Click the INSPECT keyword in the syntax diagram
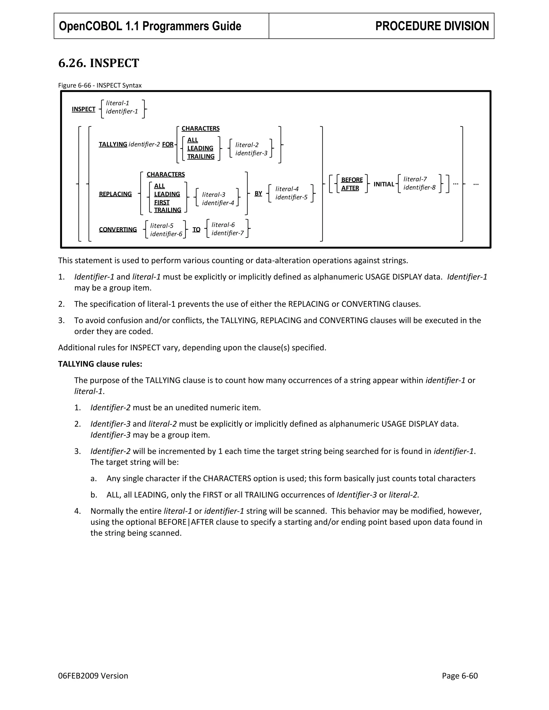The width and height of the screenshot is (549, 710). click(84, 109)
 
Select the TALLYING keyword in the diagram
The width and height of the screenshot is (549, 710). click(113, 144)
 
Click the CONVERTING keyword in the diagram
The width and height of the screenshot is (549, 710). click(118, 230)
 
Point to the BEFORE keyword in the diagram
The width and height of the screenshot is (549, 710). click(352, 180)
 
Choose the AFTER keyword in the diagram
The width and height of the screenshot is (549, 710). click(350, 188)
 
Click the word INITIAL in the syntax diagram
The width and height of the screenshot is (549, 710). click(384, 184)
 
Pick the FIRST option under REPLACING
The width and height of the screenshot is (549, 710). click(162, 202)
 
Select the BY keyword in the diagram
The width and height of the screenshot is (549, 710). click(258, 193)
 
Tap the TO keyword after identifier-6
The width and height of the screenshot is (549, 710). click(196, 230)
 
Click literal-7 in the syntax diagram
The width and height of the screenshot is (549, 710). click(415, 179)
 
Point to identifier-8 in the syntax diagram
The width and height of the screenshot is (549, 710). click(419, 188)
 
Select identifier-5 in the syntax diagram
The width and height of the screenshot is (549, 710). click(291, 197)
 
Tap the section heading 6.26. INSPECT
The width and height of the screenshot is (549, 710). click(99, 63)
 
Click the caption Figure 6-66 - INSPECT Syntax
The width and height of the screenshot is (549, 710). click(100, 85)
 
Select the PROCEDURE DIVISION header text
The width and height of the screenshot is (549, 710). click(432, 26)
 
